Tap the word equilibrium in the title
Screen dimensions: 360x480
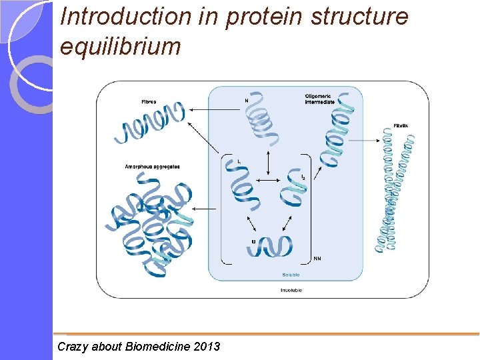pyautogui.click(x=120, y=46)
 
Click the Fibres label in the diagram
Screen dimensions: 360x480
pyautogui.click(x=149, y=101)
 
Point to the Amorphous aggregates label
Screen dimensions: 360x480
pyautogui.click(x=152, y=166)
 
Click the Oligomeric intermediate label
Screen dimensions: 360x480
pyautogui.click(x=320, y=99)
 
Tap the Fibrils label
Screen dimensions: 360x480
pyautogui.click(x=401, y=125)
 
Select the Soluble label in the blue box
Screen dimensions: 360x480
pyautogui.click(x=290, y=275)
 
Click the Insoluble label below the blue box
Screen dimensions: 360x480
pyautogui.click(x=290, y=291)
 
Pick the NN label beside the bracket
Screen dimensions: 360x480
pyautogui.click(x=317, y=259)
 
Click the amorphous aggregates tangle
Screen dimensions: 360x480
pyautogui.click(x=149, y=223)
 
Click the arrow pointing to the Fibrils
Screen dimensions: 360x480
pyautogui.click(x=365, y=140)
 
